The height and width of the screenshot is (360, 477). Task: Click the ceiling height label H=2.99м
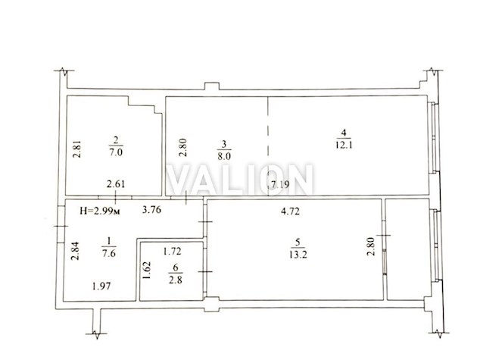100,211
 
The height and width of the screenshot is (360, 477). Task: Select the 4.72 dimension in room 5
290,211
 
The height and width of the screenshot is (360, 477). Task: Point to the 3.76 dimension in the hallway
151,210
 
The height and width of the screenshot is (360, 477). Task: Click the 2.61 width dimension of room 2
116,184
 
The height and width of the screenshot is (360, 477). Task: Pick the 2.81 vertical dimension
77,149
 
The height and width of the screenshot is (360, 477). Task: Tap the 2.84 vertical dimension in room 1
75,251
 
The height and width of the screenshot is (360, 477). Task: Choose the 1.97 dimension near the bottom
101,286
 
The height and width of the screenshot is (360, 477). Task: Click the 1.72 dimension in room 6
172,252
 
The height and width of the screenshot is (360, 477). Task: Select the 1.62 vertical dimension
146,270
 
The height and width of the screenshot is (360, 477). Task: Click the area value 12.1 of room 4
344,145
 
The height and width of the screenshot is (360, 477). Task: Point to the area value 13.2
298,255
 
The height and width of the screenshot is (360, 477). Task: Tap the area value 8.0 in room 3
224,156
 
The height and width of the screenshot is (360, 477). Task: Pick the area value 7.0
116,152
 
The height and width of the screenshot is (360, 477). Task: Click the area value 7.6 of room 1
109,253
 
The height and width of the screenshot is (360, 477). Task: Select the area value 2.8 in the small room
176,280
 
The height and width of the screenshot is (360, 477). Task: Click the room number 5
298,243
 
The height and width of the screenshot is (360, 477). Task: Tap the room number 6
176,268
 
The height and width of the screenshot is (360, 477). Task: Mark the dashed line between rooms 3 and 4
268,146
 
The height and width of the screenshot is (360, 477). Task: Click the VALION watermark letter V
181,180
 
